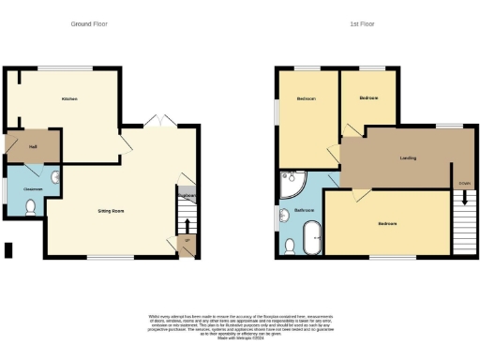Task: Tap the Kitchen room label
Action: [69, 98]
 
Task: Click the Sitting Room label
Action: [112, 211]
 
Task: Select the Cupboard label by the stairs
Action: [187, 195]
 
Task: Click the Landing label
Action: [408, 158]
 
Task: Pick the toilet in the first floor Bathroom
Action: [289, 246]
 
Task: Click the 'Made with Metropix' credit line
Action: [239, 337]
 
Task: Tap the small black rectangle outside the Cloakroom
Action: [8, 249]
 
